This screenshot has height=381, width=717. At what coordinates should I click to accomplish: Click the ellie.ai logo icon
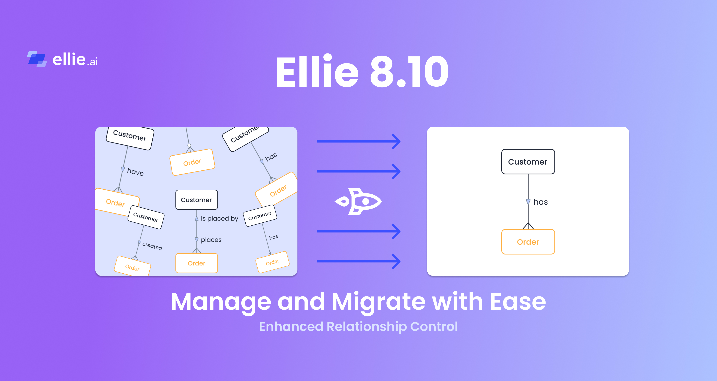[37, 59]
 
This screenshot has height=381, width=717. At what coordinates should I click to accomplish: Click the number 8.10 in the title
[409, 72]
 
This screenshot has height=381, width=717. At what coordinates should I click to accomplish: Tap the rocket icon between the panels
[358, 201]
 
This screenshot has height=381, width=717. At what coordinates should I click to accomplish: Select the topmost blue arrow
[358, 141]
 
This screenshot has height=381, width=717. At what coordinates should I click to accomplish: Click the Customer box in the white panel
[528, 162]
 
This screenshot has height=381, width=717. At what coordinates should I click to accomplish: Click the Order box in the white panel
[528, 242]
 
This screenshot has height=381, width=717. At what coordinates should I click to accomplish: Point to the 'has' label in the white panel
[541, 202]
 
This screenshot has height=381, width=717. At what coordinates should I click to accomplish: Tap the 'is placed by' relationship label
[219, 219]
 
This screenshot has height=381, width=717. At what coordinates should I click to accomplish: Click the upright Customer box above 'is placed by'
[196, 200]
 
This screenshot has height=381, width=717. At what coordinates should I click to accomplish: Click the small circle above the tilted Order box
[189, 145]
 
